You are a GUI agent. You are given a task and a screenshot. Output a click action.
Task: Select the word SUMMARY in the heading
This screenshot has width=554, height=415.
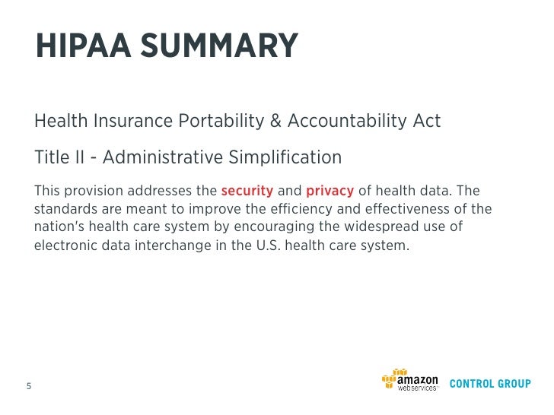click(220, 46)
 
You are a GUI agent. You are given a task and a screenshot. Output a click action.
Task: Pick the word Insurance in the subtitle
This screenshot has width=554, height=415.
click(134, 121)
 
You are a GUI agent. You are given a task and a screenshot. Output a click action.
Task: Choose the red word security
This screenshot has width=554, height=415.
click(247, 190)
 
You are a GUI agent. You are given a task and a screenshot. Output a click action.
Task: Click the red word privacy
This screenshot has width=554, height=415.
click(330, 190)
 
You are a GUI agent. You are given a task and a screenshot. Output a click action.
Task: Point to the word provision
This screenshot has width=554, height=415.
click(91, 190)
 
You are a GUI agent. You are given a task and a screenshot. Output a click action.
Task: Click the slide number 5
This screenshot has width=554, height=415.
click(29, 385)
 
